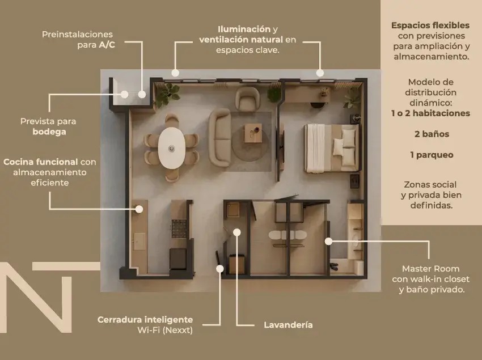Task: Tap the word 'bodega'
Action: click(49, 132)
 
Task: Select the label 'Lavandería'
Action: click(288, 325)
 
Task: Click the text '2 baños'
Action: click(432, 134)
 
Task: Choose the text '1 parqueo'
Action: click(432, 154)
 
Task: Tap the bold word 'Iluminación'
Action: click(244, 29)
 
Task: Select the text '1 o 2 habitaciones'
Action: click(430, 113)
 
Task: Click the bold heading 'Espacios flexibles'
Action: click(430, 26)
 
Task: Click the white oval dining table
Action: click(172, 147)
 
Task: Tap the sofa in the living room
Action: click(219, 134)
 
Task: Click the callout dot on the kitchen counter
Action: click(138, 209)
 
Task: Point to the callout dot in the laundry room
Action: click(237, 232)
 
